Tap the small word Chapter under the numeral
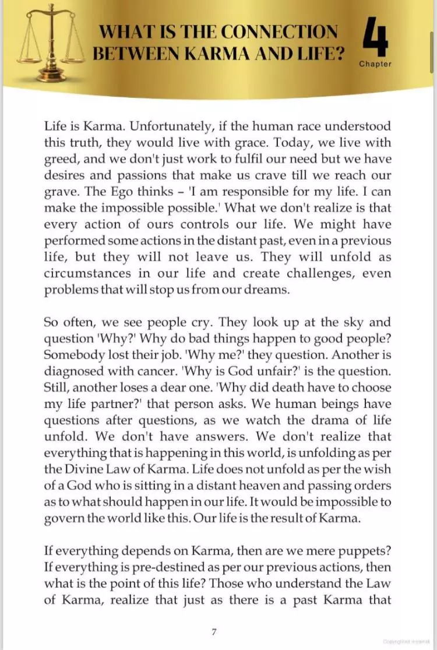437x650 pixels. tap(375, 64)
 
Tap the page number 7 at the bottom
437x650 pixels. tap(214, 630)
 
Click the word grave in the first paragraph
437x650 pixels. tap(58, 191)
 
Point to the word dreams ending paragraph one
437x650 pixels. tap(266, 290)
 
